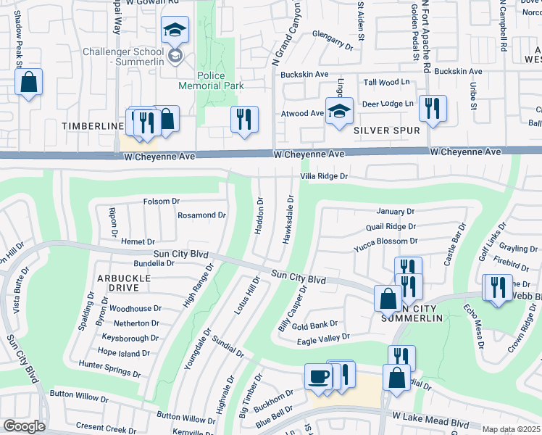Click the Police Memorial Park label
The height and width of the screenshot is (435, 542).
click(x=211, y=80)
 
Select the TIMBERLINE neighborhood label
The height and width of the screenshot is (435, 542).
click(x=93, y=126)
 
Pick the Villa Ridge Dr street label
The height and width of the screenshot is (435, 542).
click(x=324, y=176)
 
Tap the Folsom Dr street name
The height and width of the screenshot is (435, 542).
click(x=161, y=201)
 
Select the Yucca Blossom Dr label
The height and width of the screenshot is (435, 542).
click(x=385, y=241)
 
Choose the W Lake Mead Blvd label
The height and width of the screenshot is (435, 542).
click(x=432, y=420)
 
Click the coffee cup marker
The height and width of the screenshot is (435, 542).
click(x=318, y=376)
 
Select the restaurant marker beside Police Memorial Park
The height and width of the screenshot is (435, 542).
click(x=244, y=119)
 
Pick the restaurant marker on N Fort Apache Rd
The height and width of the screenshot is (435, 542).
click(x=433, y=109)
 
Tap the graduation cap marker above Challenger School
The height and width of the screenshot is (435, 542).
click(x=174, y=30)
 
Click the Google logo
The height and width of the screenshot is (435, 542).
click(x=23, y=426)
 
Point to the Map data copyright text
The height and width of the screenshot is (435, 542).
click(x=511, y=430)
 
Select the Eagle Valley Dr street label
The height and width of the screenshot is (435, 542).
click(x=323, y=337)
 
